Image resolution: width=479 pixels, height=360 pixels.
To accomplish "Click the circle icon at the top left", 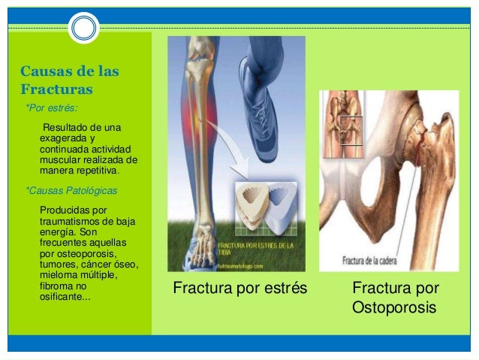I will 83,29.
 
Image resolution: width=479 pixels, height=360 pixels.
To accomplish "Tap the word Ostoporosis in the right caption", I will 394,309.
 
